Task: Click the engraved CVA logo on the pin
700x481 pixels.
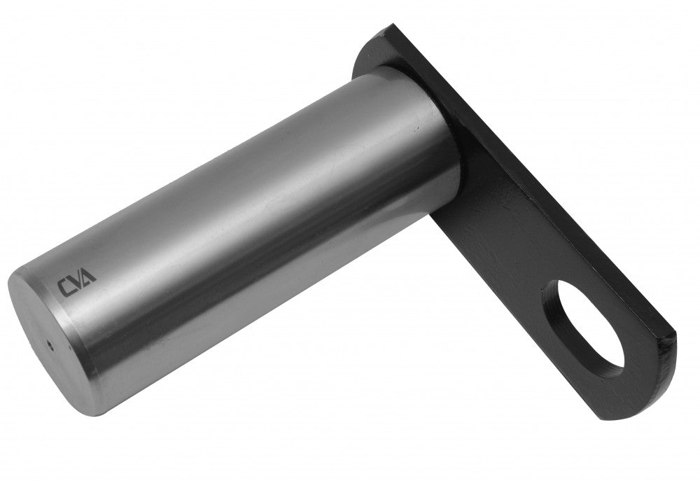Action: point(76,281)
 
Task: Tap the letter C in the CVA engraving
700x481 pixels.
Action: point(64,288)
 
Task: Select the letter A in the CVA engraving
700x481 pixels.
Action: point(88,275)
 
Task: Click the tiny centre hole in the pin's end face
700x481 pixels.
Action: point(50,344)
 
